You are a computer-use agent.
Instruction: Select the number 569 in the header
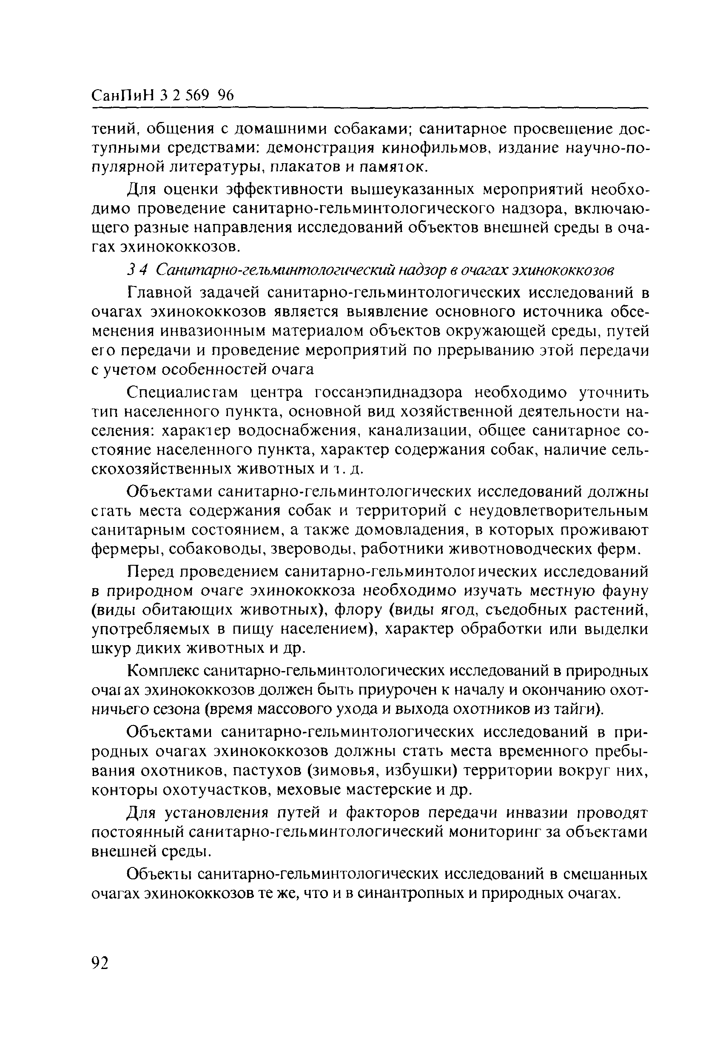tap(198, 95)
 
